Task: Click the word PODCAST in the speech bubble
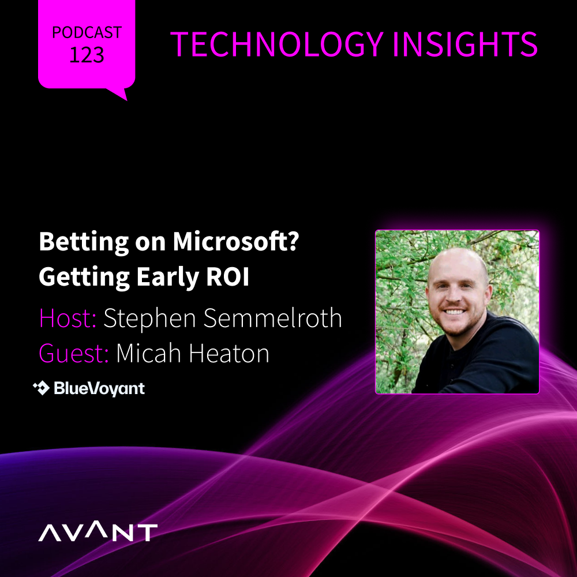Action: pos(87,32)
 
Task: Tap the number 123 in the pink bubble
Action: pos(87,55)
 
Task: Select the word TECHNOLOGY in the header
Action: pos(277,44)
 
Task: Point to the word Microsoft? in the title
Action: pos(236,241)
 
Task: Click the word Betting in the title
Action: pos(84,242)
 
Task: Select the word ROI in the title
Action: pos(228,277)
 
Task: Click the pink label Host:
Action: pos(68,318)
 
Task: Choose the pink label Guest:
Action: pos(74,353)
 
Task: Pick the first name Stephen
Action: pos(150,319)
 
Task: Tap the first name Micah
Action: pos(149,353)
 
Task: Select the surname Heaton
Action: pos(229,353)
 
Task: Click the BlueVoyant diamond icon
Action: pos(41,388)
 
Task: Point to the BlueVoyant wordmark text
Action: pos(99,388)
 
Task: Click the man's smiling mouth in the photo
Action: pos(454,312)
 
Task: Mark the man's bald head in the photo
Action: pos(458,262)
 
